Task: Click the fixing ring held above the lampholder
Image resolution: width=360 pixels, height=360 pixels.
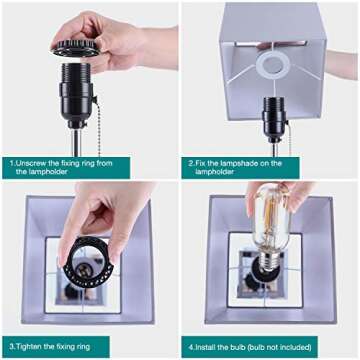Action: (x=76, y=48)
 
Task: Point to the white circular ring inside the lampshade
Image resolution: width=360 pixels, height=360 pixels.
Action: (x=273, y=65)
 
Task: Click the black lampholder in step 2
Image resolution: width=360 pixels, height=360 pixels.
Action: (x=275, y=118)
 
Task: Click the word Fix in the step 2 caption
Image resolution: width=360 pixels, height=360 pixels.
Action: (x=201, y=163)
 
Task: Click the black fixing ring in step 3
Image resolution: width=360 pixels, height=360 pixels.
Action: (x=88, y=263)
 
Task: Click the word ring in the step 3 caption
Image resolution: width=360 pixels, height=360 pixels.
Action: (x=83, y=347)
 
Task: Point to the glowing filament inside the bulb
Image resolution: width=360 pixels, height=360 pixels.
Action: (x=269, y=220)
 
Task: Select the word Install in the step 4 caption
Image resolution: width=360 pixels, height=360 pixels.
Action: (x=207, y=347)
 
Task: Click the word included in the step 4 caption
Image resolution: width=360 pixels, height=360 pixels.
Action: (x=292, y=347)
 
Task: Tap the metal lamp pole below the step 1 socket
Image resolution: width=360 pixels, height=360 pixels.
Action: (x=77, y=143)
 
